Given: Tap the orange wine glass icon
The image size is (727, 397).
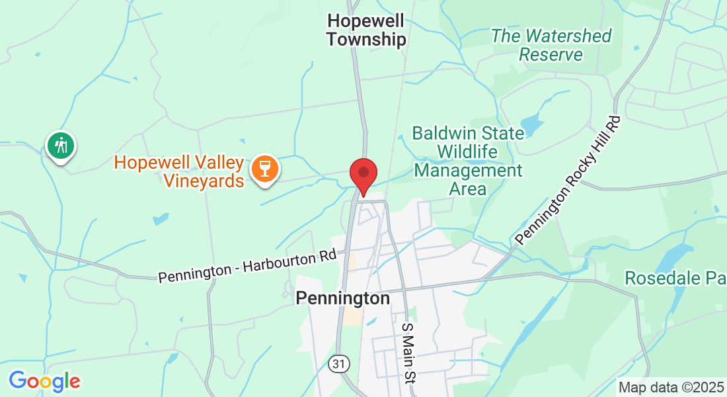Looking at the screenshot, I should coord(265,169).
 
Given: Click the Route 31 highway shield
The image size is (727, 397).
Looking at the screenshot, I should coord(338,363).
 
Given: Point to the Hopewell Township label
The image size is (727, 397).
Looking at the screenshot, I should coord(366,30).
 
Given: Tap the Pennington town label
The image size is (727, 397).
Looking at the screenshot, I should coord(342,298).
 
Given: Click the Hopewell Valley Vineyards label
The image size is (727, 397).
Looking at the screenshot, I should coord(179,171).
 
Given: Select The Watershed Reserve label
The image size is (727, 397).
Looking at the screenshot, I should coord(551,45).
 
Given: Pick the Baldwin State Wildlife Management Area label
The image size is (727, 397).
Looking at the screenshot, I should coord(468,161).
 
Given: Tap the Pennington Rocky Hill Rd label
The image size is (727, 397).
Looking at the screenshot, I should coord(569,181).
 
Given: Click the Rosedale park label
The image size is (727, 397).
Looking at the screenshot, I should coord(675,278).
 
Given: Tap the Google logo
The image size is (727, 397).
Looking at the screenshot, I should coord(44,381).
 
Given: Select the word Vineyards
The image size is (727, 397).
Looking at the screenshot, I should coord(204,179).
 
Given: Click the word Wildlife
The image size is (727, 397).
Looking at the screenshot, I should coord(469,152).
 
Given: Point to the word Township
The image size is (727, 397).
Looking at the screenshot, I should coord(366,40).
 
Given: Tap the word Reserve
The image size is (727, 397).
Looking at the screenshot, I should coord(551,54).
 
